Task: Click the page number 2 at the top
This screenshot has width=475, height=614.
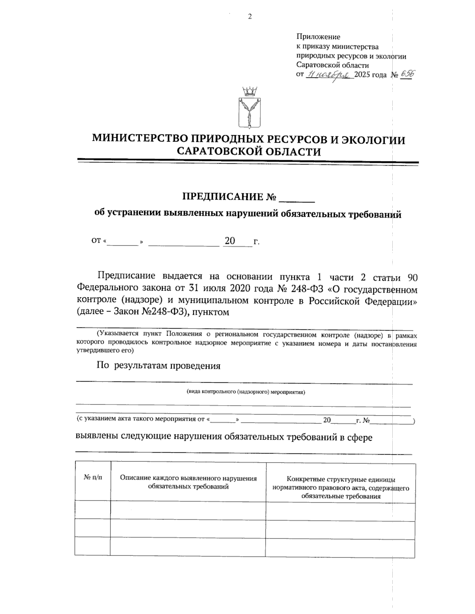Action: pyautogui.click(x=249, y=17)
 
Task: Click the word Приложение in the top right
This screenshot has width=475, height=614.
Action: pyautogui.click(x=318, y=37)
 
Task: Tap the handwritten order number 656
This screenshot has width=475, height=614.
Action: pyautogui.click(x=406, y=74)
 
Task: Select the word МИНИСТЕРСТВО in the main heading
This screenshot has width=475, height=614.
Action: pyautogui.click(x=139, y=140)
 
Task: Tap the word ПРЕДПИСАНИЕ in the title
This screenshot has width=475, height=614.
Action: pyautogui.click(x=222, y=196)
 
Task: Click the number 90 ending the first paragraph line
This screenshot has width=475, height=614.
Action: pyautogui.click(x=412, y=277)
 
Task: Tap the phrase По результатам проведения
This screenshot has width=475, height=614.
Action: pyautogui.click(x=159, y=366)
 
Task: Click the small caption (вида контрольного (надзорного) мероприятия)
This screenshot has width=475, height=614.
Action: pyautogui.click(x=245, y=392)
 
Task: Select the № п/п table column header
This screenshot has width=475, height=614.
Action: pyautogui.click(x=93, y=478)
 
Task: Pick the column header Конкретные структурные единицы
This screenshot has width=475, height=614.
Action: pyautogui.click(x=341, y=480)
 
